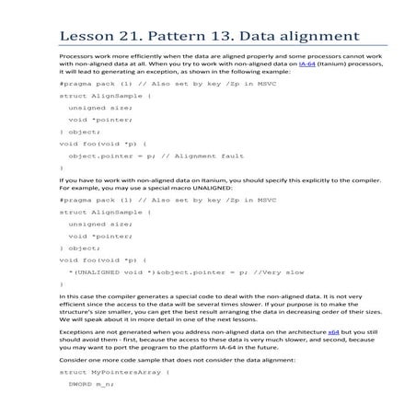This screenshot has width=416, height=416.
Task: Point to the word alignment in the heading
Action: [321, 36]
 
